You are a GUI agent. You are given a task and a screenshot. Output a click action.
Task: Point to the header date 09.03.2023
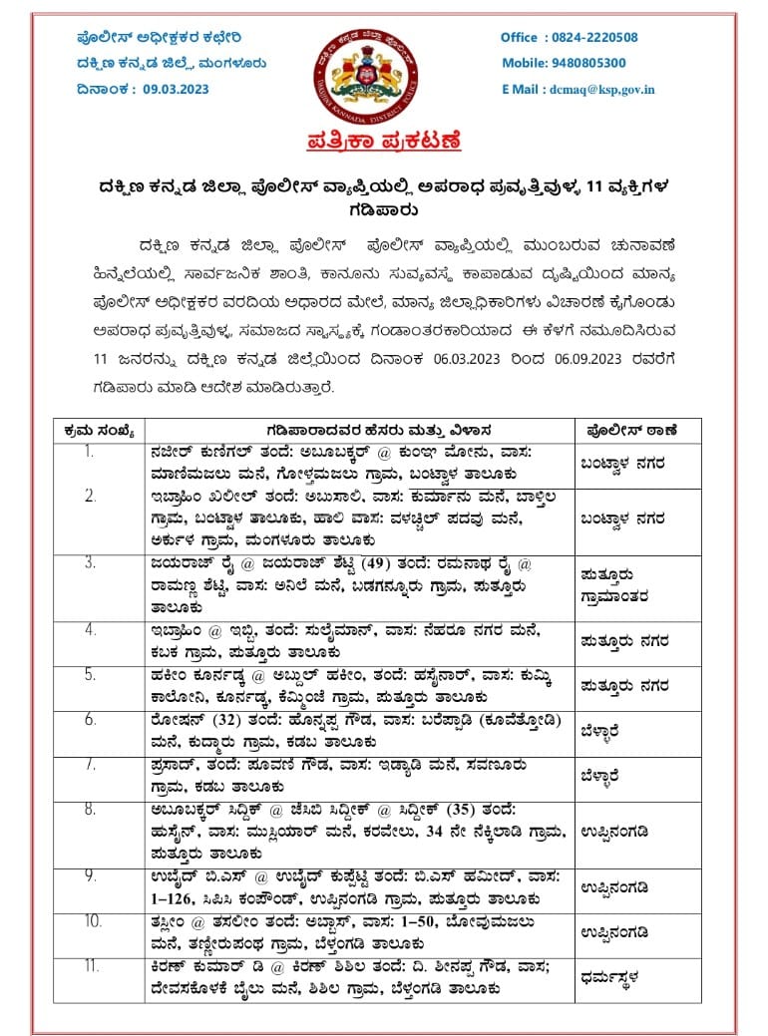point(176,89)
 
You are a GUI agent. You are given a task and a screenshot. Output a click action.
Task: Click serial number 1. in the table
point(91,451)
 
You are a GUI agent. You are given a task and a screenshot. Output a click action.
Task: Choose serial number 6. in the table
point(91,719)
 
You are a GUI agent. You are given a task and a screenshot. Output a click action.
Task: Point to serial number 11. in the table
point(91,965)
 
